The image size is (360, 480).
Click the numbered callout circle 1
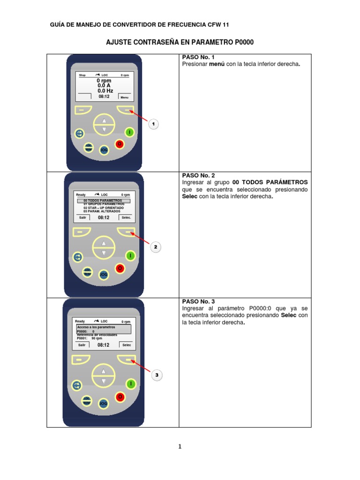(x=154, y=124)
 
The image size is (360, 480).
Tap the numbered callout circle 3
(x=157, y=375)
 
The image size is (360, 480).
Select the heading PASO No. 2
(x=198, y=175)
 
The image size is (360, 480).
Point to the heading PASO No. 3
(x=198, y=301)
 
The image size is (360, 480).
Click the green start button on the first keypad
(x=129, y=133)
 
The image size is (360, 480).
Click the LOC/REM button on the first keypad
(x=89, y=147)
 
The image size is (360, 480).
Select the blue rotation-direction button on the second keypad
(x=78, y=257)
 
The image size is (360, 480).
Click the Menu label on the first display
(x=124, y=97)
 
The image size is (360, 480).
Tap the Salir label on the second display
(x=82, y=217)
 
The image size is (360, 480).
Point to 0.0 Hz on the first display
(x=105, y=90)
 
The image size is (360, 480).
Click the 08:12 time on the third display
(x=104, y=345)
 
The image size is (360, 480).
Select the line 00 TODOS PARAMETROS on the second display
(x=103, y=200)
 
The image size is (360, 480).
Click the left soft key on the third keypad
(x=81, y=360)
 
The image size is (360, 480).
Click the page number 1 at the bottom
(x=180, y=447)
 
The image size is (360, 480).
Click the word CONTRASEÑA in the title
(x=153, y=43)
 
